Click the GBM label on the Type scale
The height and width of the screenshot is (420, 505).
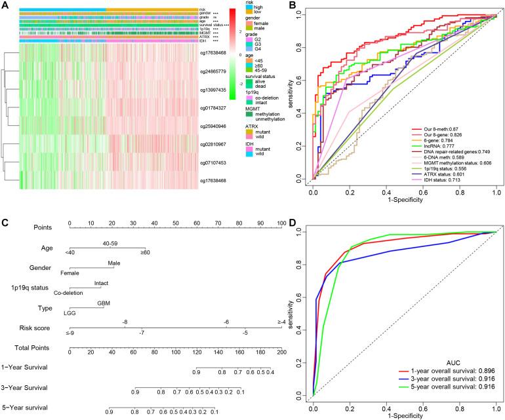click(104, 302)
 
